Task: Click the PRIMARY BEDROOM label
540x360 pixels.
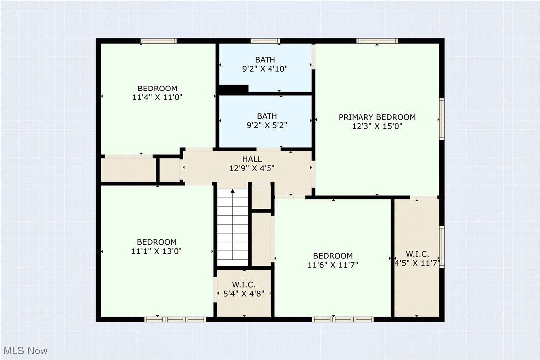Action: (377, 117)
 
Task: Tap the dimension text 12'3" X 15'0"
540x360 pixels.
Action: (377, 126)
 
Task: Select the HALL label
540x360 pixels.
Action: (252, 159)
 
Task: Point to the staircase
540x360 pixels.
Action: (232, 226)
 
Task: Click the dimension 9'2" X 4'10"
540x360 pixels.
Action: (265, 69)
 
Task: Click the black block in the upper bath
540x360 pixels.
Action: (233, 89)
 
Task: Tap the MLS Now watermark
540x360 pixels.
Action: (24, 351)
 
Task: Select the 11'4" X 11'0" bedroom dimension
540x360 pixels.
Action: (157, 98)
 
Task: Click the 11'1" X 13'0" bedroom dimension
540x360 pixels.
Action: (157, 251)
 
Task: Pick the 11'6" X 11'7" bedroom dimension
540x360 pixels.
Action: (333, 265)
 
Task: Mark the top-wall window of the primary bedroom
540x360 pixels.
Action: (377, 41)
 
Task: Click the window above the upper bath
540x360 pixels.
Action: (265, 41)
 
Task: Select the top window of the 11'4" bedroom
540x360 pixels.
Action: (158, 41)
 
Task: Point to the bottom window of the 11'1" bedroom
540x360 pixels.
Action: (175, 319)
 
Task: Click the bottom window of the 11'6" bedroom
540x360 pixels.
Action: (343, 319)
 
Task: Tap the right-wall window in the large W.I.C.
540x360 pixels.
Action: (442, 247)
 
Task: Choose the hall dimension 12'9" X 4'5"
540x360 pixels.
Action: (252, 168)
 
